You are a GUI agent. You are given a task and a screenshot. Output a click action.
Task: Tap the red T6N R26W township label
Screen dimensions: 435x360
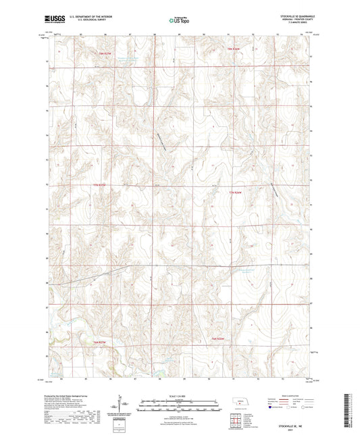pos(234,49)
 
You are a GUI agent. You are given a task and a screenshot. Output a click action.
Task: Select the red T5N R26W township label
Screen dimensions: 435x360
pos(236,193)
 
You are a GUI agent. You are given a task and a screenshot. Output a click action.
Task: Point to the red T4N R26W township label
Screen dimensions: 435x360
pos(217,338)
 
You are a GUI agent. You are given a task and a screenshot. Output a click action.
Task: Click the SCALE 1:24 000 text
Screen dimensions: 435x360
pos(180,395)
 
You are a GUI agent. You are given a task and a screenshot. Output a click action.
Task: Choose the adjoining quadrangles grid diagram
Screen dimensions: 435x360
pos(238,421)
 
